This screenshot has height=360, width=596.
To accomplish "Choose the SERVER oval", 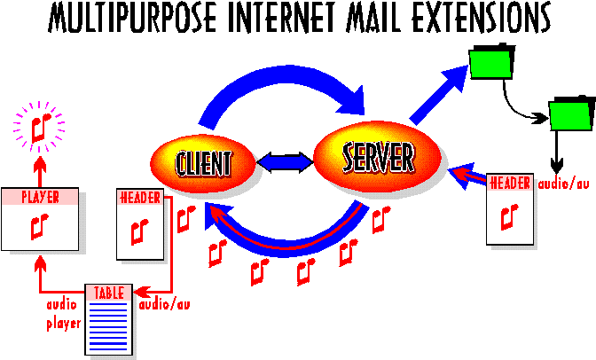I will (378, 159).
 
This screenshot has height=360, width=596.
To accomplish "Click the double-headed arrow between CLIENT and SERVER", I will (285, 162).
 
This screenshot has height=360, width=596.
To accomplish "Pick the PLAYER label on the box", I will (39, 197).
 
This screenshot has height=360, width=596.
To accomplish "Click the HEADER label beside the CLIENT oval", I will (140, 197).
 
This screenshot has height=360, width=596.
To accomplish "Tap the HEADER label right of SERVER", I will (510, 184).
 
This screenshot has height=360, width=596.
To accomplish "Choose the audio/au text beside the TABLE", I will (165, 304).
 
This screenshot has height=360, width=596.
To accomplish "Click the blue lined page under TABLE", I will (108, 325).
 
